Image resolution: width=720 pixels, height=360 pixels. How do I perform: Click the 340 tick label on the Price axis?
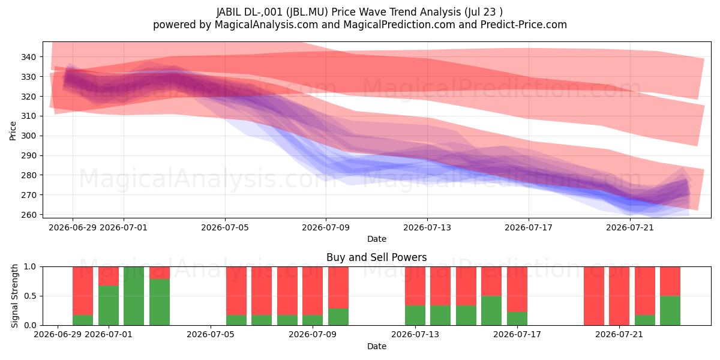28,57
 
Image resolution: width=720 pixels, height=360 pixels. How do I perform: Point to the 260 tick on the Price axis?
28,215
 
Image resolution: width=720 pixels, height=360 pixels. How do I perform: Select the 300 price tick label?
28,136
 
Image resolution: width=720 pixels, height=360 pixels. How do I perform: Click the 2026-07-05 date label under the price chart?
225,227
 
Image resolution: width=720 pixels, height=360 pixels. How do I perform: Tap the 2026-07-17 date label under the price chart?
529,227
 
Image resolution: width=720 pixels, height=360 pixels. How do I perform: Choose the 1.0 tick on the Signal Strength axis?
30,267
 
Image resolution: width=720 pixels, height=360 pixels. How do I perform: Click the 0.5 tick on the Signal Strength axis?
30,296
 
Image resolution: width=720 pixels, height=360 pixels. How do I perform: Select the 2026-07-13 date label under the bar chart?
415,335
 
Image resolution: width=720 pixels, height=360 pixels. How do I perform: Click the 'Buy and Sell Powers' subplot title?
376,257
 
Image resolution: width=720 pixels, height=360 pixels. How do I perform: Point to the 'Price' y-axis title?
13,131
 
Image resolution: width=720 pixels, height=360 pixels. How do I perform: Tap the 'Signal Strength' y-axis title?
14,296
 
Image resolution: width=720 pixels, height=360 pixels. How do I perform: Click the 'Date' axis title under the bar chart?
377,347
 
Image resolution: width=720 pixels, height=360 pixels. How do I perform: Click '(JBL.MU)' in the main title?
307,12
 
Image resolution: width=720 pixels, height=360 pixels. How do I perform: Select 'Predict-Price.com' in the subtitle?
524,25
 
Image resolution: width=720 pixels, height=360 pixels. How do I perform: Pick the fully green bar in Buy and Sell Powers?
134,296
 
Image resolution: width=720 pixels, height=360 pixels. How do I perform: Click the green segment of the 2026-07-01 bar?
109,305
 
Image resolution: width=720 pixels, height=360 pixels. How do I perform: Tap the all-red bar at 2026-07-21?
619,296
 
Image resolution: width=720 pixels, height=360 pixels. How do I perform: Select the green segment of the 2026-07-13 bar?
415,316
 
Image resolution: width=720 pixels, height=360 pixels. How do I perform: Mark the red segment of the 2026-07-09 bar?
313,291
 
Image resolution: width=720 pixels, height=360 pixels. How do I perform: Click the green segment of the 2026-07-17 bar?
517,319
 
